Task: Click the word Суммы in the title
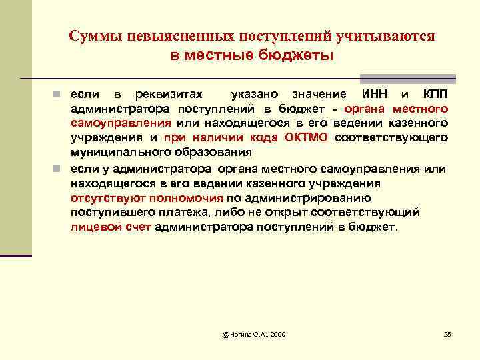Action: click(x=93, y=36)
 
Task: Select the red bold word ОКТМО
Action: click(x=306, y=138)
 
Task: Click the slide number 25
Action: click(x=447, y=333)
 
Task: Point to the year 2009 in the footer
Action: click(x=275, y=333)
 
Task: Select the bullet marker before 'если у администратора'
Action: click(x=59, y=167)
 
